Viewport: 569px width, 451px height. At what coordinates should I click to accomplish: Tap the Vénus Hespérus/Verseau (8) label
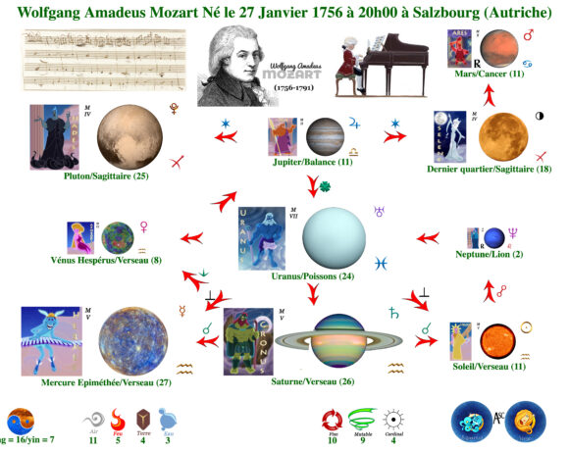pyautogui.click(x=104, y=260)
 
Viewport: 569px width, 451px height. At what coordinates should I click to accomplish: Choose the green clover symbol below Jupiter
pyautogui.click(x=313, y=182)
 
